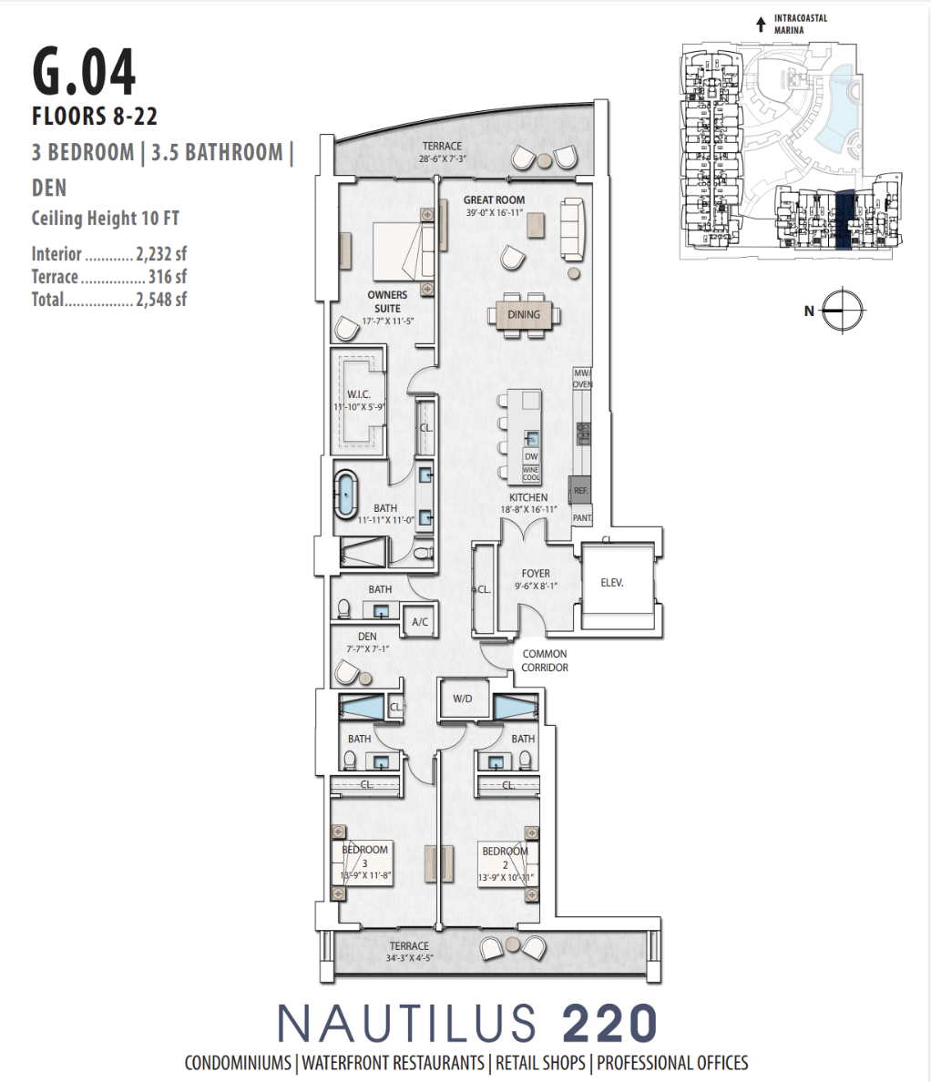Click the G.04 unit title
pos(84,72)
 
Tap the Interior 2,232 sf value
pos(161,254)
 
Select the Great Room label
pos(494,200)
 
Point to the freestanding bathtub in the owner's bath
pos(346,494)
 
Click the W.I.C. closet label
pos(358,394)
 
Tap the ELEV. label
pos(612,583)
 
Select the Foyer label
pos(537,574)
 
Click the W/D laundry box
pos(463,699)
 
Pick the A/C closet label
pos(420,622)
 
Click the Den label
pos(367,637)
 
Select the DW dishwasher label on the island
pos(531,457)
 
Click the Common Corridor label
pos(545,660)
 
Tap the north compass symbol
pos(843,311)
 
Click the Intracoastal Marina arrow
pos(762,25)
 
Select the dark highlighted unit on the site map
pos(844,220)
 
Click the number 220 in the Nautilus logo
pos(609,1023)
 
